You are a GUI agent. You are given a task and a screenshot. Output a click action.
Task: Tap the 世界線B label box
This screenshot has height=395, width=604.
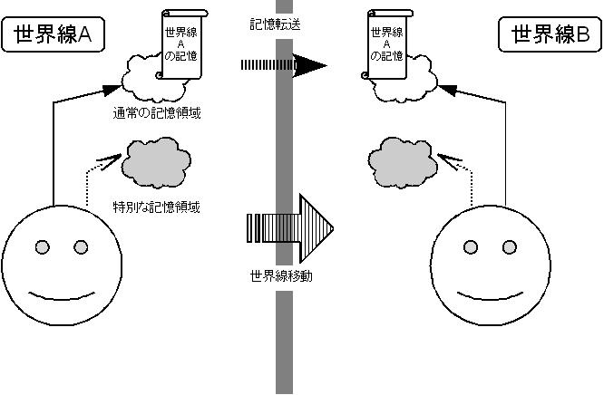(549, 36)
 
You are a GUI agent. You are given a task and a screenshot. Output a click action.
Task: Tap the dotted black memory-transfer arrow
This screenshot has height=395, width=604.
(281, 65)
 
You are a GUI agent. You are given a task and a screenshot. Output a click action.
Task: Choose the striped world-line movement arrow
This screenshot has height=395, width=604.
(290, 222)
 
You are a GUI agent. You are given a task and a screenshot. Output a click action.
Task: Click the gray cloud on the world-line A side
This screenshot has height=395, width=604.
(156, 161)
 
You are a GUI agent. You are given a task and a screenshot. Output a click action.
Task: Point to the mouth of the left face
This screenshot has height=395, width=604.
(60, 294)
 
